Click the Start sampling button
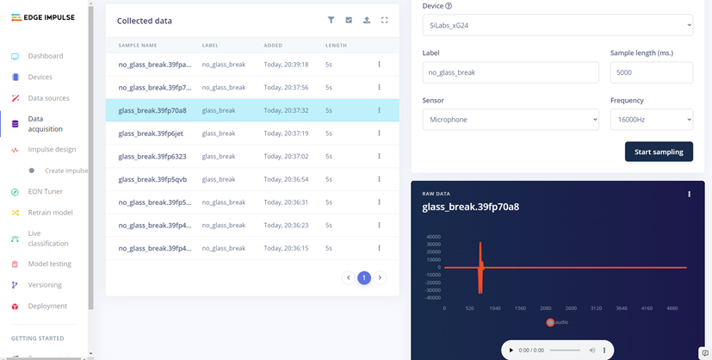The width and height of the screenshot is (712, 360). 659,152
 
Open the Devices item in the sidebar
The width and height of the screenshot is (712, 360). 40,78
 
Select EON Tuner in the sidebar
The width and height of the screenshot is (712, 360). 44,191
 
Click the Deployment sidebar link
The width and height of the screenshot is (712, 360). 47,306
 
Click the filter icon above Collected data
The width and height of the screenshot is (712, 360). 331,20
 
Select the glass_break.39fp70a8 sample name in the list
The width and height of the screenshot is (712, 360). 152,110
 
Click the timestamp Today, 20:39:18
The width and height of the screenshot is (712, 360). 286,64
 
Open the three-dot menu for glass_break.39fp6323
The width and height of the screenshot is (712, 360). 379,157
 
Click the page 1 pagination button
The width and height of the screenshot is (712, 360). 364,277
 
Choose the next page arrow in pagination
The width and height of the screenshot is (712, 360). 380,277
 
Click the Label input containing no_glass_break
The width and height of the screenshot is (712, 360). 511,72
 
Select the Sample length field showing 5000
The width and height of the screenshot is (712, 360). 651,72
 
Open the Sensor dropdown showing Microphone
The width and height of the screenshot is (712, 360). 511,120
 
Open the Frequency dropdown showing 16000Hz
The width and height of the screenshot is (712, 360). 651,120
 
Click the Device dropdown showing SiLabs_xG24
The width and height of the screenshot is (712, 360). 557,26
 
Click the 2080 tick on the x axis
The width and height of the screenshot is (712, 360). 546,307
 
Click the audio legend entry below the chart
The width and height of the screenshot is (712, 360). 557,322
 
